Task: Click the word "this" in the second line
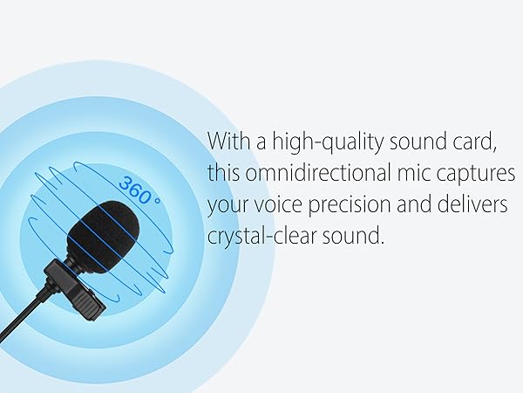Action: pos(225,173)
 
